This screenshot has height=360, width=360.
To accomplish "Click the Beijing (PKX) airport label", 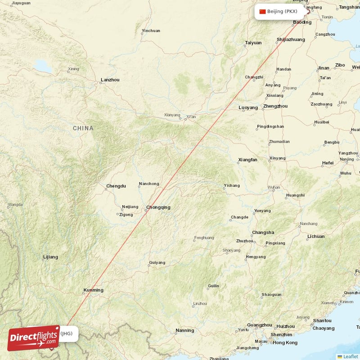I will point(282,11).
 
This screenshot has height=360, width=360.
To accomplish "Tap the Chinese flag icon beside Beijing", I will point(262,11).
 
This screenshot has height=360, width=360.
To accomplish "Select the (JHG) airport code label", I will point(66,333).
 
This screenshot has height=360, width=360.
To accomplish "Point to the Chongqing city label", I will point(158,207).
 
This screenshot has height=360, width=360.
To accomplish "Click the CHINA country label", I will point(83,128).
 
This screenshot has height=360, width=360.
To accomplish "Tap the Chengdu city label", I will point(116,186).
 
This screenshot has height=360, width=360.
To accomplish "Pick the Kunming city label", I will point(93,290).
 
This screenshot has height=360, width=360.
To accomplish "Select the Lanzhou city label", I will point(110,80).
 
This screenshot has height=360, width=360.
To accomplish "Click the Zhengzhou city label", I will point(275,106).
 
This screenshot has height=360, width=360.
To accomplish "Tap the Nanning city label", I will point(184,331).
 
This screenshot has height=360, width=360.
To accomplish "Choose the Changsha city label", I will point(263,233).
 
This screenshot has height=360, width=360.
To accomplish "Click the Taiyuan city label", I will point(253,43).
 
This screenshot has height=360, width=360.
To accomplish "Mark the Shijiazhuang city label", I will point(291,40).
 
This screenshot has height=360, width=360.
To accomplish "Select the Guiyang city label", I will point(157,262).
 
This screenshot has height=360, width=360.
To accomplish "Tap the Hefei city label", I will point(328,163).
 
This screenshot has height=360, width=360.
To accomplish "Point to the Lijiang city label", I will point(50,257).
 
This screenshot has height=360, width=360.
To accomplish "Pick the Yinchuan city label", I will point(151,31).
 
